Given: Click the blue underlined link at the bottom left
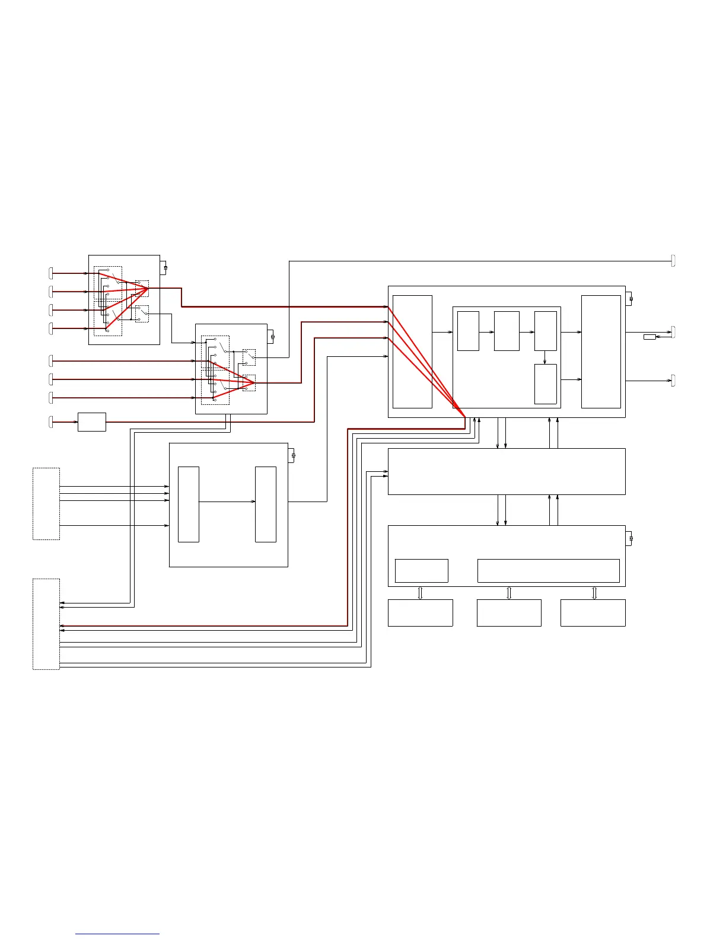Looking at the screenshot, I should [117, 934].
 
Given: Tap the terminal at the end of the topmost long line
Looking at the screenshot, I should [673, 260].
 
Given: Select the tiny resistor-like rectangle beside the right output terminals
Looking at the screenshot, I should [649, 337].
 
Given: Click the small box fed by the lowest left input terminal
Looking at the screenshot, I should [92, 421].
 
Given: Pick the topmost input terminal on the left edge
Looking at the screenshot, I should [50, 273].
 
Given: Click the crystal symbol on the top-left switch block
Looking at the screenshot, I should [165, 268].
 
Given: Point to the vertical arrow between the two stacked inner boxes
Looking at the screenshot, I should [545, 357].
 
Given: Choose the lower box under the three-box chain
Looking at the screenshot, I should [546, 384].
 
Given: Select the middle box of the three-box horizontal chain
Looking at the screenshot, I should [507, 331].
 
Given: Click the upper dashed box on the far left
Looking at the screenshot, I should [46, 503].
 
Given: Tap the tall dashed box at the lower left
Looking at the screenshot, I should [46, 624].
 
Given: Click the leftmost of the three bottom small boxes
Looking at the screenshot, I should [420, 612].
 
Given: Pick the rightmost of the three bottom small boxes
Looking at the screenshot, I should [593, 612].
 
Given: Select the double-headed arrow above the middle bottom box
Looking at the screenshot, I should [509, 593].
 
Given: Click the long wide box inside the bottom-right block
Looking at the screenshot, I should [548, 570].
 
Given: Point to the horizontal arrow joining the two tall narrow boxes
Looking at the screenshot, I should [227, 502].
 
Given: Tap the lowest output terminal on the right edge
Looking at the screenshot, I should [673, 381].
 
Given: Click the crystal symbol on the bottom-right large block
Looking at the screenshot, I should [631, 538].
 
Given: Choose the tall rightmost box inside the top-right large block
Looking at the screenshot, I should [601, 352].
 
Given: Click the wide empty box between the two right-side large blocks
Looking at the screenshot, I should [507, 471].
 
